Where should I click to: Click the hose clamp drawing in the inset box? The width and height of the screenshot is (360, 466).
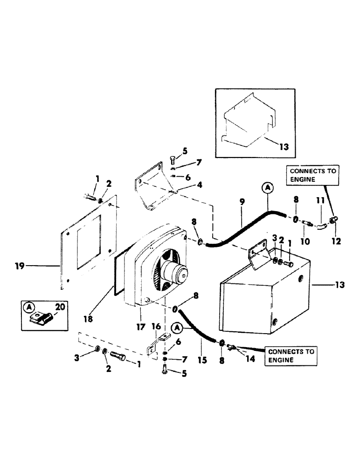41,318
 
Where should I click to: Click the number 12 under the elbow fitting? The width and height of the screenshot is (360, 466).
336,241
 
